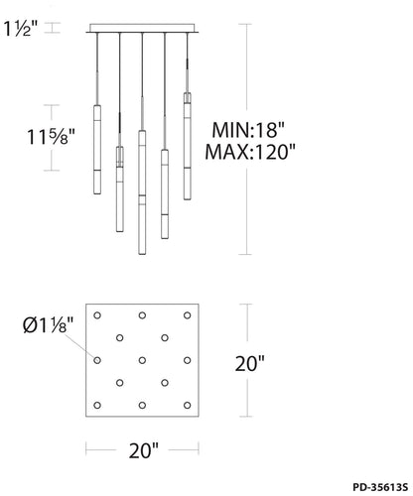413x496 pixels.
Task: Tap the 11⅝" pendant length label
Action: [51, 137]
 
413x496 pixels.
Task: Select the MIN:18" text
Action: [248, 130]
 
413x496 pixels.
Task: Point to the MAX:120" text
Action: [250, 152]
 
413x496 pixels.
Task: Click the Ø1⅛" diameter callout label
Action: [48, 325]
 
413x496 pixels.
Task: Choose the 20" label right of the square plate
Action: [250, 363]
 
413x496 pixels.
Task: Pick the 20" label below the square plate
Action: [144, 450]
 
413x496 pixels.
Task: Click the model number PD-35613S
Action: [380, 487]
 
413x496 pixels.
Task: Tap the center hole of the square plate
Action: [142, 360]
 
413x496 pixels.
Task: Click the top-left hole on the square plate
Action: [97, 315]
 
